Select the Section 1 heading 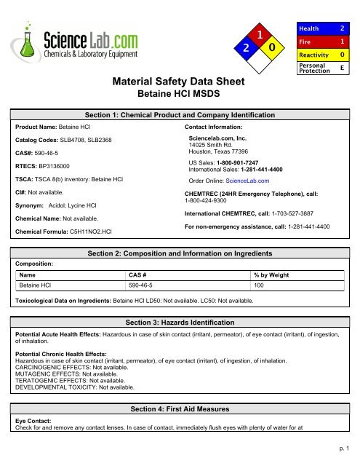point(180,115)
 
